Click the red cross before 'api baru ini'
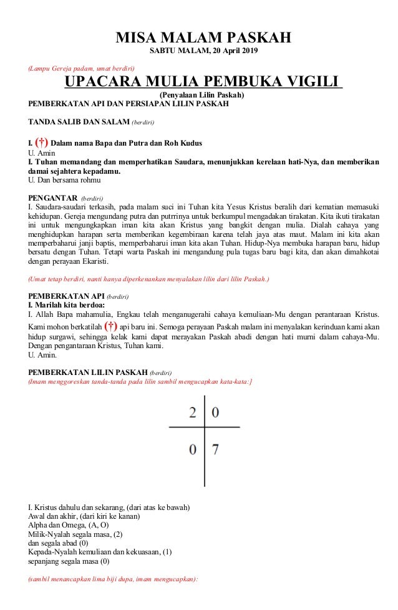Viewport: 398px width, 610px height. (x=111, y=326)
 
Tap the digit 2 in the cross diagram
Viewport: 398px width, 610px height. (x=193, y=412)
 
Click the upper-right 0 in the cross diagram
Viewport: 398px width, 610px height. (x=216, y=412)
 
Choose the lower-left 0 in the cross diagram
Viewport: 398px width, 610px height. (x=193, y=449)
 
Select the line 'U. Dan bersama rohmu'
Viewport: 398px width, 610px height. (x=64, y=180)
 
